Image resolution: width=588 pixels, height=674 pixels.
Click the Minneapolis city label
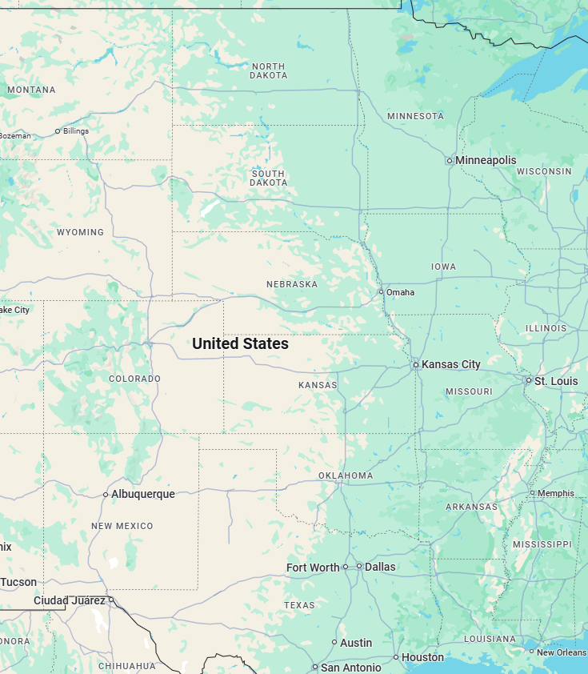486,160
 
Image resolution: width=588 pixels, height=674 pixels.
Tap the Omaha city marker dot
381,291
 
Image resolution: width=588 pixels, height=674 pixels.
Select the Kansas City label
451,364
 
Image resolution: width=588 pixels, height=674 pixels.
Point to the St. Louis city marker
528,380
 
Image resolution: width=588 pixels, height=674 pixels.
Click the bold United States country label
240,343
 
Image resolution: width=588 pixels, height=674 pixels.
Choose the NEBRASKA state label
292,284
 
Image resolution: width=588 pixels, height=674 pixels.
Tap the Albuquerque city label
142,494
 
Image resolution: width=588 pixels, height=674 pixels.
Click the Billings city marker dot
58,130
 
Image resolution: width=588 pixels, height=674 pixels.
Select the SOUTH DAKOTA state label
269,178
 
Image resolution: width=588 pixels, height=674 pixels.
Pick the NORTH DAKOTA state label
269,70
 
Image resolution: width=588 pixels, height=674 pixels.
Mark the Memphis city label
555,493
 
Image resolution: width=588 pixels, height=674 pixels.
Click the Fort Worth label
313,568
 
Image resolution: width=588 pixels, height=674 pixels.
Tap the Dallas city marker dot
359,566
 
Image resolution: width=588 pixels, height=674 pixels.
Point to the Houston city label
422,657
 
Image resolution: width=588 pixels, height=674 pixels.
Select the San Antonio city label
350,668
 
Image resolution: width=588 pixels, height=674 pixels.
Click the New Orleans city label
562,652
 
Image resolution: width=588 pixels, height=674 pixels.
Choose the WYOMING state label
80,232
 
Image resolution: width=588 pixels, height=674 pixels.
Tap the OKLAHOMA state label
346,475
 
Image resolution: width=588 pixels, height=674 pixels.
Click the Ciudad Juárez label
69,600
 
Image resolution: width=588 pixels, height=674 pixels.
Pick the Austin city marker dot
334,642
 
